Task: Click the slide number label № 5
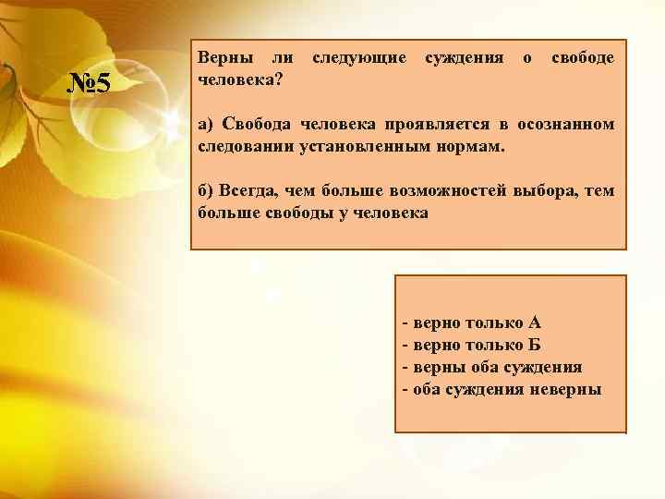coord(91,85)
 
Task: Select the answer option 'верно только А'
coord(471,323)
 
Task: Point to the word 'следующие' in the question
coord(359,58)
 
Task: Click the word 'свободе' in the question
coord(582,58)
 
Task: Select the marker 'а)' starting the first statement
coord(206,125)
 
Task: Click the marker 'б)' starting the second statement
coord(206,191)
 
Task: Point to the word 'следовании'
coord(243,147)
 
